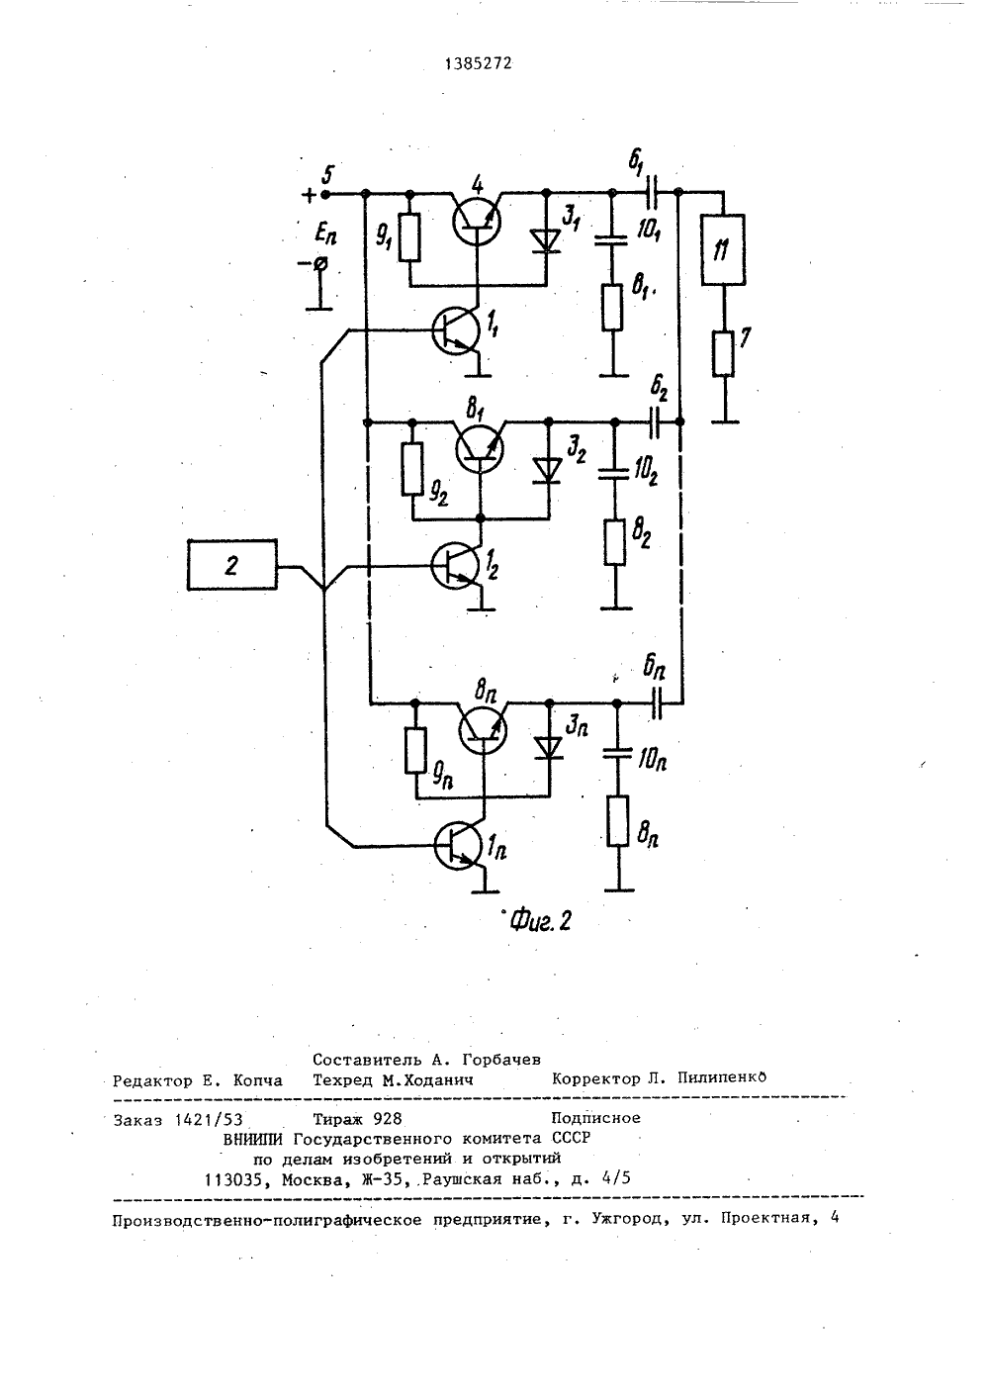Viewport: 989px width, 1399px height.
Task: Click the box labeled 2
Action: pos(232,565)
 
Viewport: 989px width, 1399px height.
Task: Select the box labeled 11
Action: pos(723,249)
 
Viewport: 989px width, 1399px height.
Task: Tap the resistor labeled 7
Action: pos(724,354)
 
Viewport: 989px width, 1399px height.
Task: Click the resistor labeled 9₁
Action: pos(410,237)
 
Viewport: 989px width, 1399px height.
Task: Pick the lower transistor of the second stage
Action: pos(455,566)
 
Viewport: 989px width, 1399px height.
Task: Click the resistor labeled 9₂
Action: pos(412,468)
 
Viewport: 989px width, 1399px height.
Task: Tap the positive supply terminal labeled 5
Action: pos(325,194)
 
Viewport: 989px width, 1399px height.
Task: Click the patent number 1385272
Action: pos(479,63)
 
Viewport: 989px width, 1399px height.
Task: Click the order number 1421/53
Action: pos(209,1119)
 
